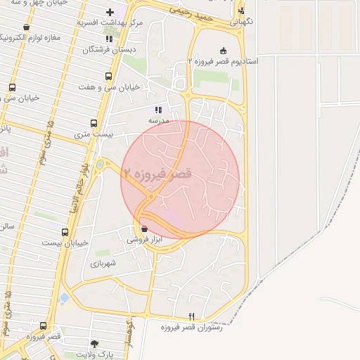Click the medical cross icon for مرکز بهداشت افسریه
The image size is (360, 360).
click(110, 12)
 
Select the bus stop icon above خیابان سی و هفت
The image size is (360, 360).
click(108, 76)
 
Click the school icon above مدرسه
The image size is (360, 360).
click(158, 110)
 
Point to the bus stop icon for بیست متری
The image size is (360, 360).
click(94, 123)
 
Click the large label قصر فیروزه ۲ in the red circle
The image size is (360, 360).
click(157, 172)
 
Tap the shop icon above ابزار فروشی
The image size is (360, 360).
click(144, 229)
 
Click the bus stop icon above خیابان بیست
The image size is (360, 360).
click(65, 232)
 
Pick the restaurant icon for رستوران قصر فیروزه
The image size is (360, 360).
click(192, 317)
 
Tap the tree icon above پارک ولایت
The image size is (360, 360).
click(94, 343)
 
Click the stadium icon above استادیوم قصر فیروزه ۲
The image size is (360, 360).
click(224, 51)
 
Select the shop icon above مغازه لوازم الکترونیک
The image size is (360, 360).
click(26, 27)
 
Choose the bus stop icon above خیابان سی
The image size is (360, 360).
click(12, 88)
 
